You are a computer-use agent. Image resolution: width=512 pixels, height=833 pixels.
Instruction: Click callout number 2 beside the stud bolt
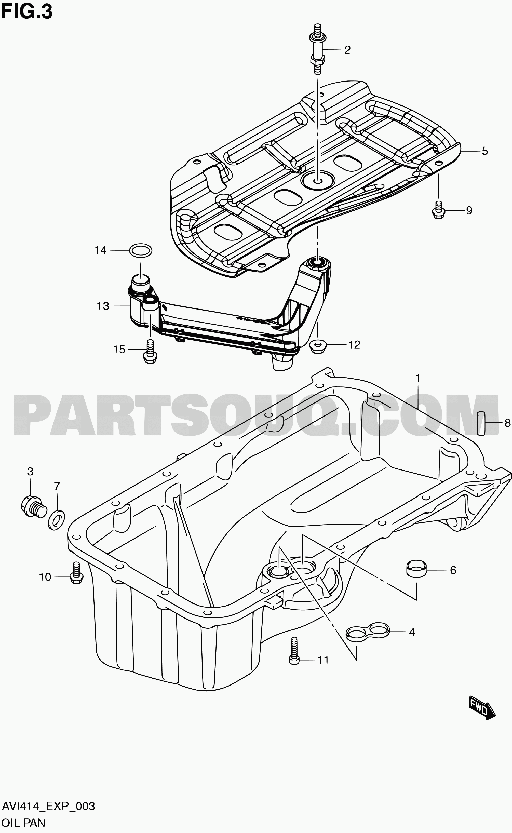click(x=347, y=50)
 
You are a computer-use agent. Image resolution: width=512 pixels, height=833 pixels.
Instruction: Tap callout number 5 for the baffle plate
click(x=485, y=151)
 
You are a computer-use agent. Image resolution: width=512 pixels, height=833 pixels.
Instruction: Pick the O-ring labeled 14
click(x=141, y=251)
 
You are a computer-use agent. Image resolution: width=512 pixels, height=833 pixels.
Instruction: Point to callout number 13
click(x=103, y=306)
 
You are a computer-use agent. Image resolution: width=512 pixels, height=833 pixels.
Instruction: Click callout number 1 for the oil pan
click(x=417, y=378)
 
